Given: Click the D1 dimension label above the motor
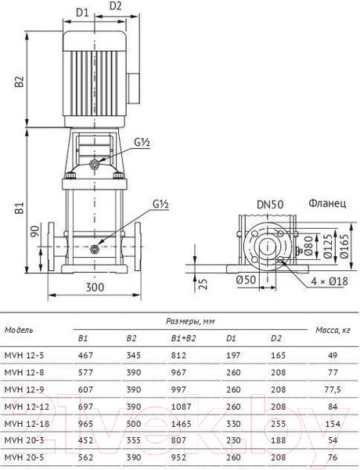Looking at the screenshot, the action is coord(82,13).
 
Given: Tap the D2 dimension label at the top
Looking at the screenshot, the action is coord(115,5).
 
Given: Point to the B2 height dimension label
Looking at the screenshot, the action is coord(19,81).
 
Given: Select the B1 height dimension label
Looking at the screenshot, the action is coord(19,208).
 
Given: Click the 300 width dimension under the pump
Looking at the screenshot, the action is coord(95,287).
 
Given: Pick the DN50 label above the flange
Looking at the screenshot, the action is coord(270,204).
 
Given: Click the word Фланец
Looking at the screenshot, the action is coord(327,204).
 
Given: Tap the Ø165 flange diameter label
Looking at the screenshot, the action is coord(344,246).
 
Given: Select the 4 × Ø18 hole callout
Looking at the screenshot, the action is coord(329,281).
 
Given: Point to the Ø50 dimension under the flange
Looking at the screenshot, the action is coord(246,280).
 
